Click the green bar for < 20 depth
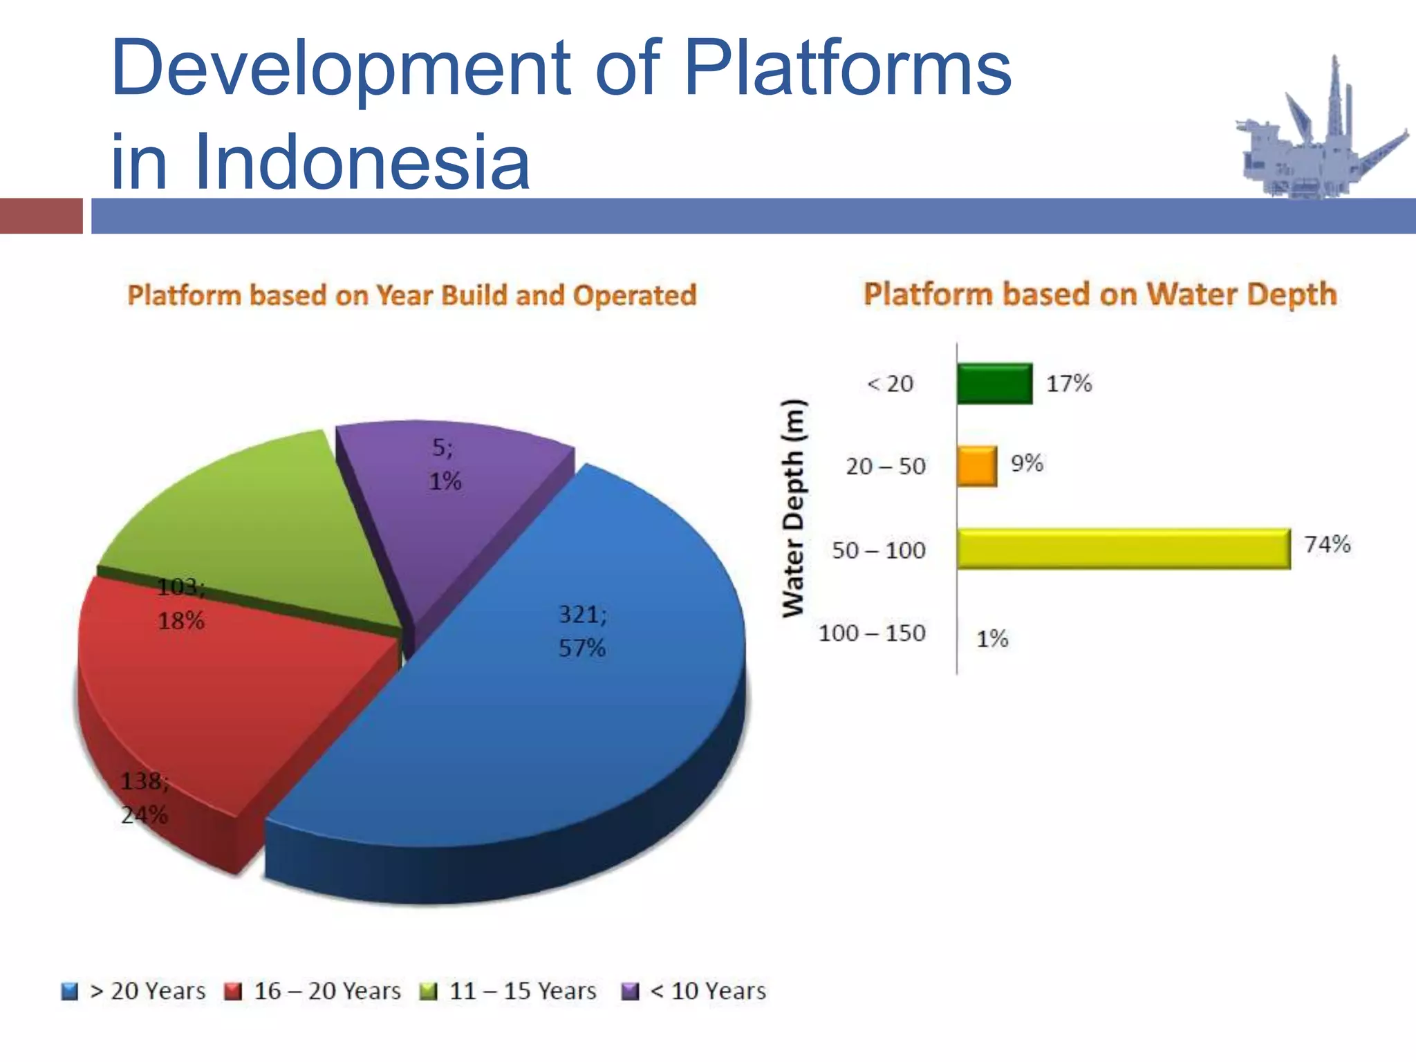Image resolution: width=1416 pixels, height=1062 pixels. click(994, 383)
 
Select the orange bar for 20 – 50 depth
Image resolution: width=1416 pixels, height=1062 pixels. click(976, 466)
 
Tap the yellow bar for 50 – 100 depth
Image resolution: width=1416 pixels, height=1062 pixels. click(1124, 549)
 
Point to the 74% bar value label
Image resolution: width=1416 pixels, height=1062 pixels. click(1327, 544)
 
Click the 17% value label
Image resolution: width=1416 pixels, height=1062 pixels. click(1068, 383)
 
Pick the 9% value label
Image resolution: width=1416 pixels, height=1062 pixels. click(1027, 463)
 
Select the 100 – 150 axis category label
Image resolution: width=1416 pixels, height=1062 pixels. click(871, 633)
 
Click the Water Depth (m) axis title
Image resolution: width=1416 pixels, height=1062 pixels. click(794, 508)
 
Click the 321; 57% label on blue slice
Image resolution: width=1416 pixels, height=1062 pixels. click(582, 631)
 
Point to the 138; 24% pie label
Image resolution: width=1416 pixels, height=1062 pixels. click(145, 798)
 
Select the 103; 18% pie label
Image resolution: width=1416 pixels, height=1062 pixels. click(180, 604)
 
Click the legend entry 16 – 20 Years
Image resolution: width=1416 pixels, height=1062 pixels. click(313, 991)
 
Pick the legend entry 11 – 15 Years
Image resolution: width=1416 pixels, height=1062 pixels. click(508, 991)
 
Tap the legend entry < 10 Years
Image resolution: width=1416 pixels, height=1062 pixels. click(695, 991)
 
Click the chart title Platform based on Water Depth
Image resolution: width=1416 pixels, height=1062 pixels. click(1099, 294)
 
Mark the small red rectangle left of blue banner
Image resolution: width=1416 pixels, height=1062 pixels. click(41, 216)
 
